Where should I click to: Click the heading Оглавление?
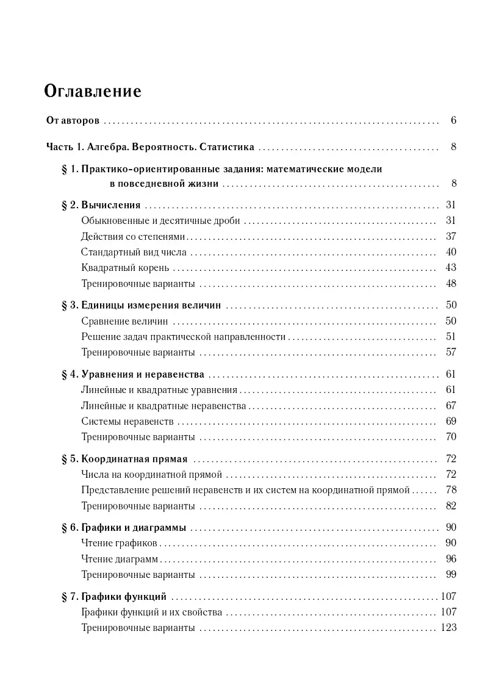[93, 92]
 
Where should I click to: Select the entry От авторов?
[73, 121]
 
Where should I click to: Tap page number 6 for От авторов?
[453, 121]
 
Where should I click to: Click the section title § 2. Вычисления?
[101, 204]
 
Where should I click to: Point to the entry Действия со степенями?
[132, 236]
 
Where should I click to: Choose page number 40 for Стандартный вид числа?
[451, 252]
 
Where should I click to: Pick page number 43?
[451, 268]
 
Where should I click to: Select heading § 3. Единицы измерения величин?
[141, 305]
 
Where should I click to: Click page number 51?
[451, 337]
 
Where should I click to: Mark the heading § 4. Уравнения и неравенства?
[133, 374]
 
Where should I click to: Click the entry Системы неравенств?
[127, 421]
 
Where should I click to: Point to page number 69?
[451, 421]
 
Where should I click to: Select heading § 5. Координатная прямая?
[124, 458]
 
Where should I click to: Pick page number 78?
[451, 490]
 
